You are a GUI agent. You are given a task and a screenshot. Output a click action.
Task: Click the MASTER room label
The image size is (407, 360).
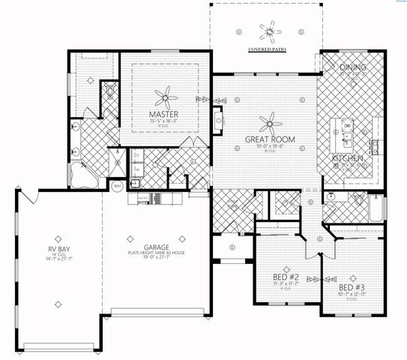162,115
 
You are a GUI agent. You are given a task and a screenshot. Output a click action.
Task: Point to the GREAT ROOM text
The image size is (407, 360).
269,139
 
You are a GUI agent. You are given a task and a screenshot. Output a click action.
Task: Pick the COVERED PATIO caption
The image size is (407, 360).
267,52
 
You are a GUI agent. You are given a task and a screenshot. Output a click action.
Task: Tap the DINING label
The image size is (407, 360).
352,67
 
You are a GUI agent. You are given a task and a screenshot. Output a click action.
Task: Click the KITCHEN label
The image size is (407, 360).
349,159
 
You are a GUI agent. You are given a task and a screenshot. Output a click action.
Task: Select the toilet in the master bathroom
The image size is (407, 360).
111,93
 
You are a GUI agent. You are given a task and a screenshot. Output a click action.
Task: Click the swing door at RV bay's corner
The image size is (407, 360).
28,197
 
